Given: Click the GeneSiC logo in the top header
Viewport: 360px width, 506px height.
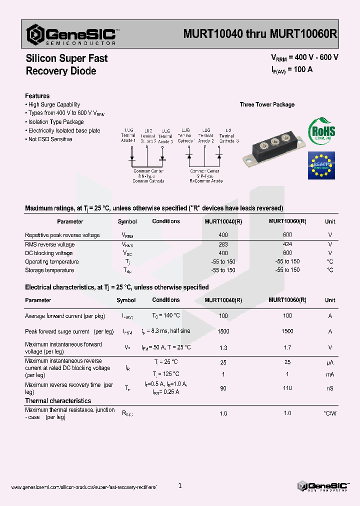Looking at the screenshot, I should pyautogui.click(x=73, y=34).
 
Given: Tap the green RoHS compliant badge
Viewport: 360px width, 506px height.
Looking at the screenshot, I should pyautogui.click(x=321, y=130).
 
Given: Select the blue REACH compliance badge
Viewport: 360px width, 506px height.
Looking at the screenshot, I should pyautogui.click(x=321, y=165).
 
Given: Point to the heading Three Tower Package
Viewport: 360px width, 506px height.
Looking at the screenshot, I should pyautogui.click(x=267, y=104).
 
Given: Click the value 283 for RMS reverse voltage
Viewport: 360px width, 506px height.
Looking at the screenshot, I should pyautogui.click(x=223, y=244).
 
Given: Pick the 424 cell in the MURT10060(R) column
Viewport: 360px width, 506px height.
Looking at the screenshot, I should pyautogui.click(x=287, y=244).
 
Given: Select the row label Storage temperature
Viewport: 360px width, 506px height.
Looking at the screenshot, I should pyautogui.click(x=49, y=270).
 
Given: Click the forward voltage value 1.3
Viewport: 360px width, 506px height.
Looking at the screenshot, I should pyautogui.click(x=223, y=347).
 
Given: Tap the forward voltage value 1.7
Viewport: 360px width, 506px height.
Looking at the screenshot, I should pyautogui.click(x=287, y=347).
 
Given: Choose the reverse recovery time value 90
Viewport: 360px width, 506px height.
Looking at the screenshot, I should pyautogui.click(x=223, y=388).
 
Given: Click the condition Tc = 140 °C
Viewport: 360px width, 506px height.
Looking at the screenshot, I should pyautogui.click(x=166, y=315).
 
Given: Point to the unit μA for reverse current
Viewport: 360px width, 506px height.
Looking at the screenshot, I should pyautogui.click(x=330, y=362).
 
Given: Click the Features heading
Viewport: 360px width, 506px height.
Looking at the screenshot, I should pyautogui.click(x=37, y=96).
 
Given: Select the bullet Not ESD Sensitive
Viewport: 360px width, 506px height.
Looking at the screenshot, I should pyautogui.click(x=50, y=139).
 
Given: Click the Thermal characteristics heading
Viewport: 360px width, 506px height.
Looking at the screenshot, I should pyautogui.click(x=58, y=400).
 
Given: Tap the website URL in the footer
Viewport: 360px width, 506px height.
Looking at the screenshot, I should pyautogui.click(x=83, y=487).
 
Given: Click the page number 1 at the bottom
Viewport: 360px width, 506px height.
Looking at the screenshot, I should pyautogui.click(x=180, y=485).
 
